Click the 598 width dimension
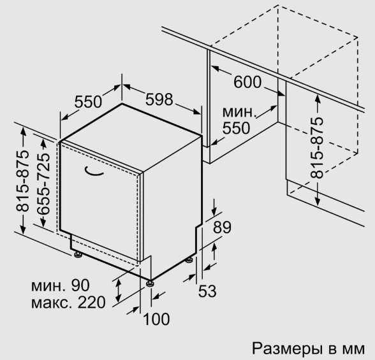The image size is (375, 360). coord(159,99)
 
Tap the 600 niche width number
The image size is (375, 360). coord(247,82)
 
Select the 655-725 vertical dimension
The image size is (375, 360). coord(43,184)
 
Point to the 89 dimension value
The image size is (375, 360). coord(222,227)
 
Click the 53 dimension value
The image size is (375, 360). coord(207,291)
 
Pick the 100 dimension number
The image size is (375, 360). coord(156,319)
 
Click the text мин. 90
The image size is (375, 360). coord(60,285)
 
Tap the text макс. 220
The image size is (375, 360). coord(68,303)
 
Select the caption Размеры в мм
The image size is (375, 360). coord(309,349)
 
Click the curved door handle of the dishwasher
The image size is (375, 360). coord(94,173)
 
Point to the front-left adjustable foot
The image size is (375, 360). coord(78,254)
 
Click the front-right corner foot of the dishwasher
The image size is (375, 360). coord(151,284)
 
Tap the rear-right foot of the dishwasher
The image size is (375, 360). coord(189,260)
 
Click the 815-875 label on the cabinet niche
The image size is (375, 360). coord(317,148)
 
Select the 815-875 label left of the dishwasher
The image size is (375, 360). coord(22,181)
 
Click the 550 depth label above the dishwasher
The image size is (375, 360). coord(88,102)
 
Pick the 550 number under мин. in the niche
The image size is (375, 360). coord(236,128)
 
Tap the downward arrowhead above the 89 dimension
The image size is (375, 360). coord(214,212)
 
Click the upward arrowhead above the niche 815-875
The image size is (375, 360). coord(318,99)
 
